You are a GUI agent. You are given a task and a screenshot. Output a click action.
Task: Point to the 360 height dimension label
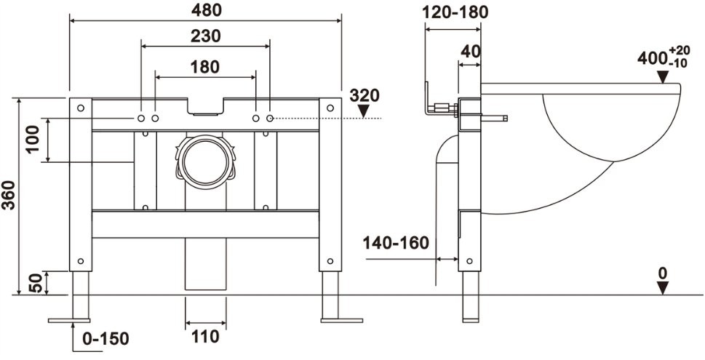tap(8, 196)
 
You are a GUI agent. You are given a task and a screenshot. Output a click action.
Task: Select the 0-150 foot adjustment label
tap(105, 339)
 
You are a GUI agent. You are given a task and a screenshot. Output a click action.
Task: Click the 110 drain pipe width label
tap(207, 337)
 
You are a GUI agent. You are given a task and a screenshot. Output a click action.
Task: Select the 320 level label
tap(365, 95)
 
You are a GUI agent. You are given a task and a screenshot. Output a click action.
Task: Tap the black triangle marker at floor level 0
tap(662, 287)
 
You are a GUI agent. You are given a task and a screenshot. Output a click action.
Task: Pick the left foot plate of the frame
tap(70, 319)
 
